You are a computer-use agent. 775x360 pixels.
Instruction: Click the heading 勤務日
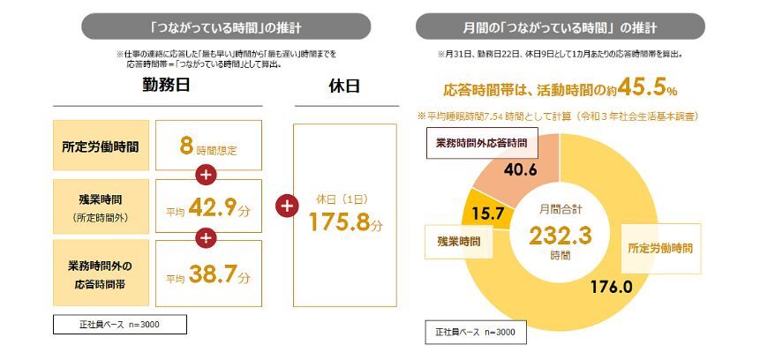click(165, 86)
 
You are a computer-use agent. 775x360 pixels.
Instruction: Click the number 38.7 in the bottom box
click(221, 274)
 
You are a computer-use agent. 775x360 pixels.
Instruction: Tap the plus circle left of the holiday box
click(284, 206)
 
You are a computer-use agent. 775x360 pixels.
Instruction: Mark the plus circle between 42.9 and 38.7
click(207, 238)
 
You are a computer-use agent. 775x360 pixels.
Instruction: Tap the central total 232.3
click(560, 236)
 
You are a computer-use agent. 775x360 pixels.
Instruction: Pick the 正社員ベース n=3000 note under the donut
click(476, 332)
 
